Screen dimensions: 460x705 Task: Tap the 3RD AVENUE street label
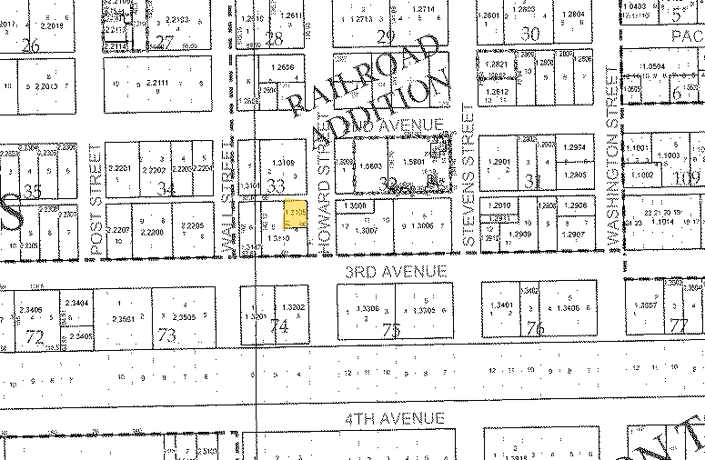point(395,272)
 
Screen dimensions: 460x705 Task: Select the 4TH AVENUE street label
point(395,418)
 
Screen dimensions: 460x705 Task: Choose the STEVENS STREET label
point(468,177)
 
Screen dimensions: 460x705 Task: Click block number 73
point(166,336)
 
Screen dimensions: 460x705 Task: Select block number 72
point(35,337)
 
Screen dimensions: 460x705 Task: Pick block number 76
point(535,329)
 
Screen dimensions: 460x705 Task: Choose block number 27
point(165,41)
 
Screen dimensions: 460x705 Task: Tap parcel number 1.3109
point(283,163)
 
